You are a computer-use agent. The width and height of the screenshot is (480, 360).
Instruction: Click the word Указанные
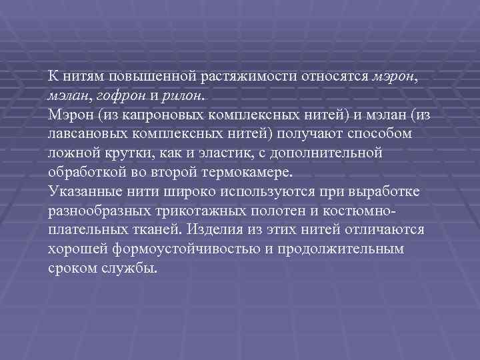[81, 192]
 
